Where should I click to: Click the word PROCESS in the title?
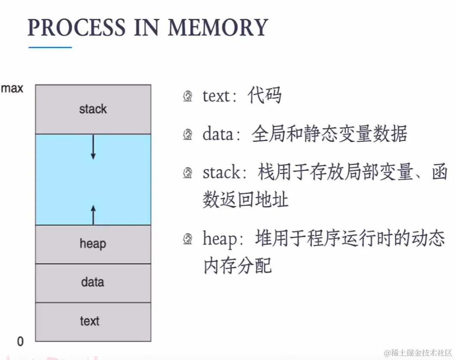tap(76, 27)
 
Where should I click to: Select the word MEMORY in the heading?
tap(218, 27)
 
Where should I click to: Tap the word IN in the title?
tap(147, 27)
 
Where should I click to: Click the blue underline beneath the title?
tap(50, 47)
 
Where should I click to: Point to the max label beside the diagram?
tap(12, 88)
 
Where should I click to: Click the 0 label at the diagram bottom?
tap(21, 342)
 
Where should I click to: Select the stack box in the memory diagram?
tap(93, 109)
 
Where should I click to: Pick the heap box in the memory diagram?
tap(93, 244)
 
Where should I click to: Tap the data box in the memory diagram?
tap(93, 283)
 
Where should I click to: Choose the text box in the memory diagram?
tap(93, 321)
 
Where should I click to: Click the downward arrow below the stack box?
tap(93, 147)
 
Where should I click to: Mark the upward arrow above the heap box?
tap(93, 215)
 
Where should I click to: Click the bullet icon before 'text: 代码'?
tap(188, 96)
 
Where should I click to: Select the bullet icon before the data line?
tap(188, 134)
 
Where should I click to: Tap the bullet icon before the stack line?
tap(188, 173)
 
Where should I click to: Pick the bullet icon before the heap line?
tap(188, 239)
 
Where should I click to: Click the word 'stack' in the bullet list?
tap(222, 173)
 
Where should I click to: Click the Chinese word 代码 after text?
tap(264, 95)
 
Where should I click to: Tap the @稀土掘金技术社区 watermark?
tap(418, 353)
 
